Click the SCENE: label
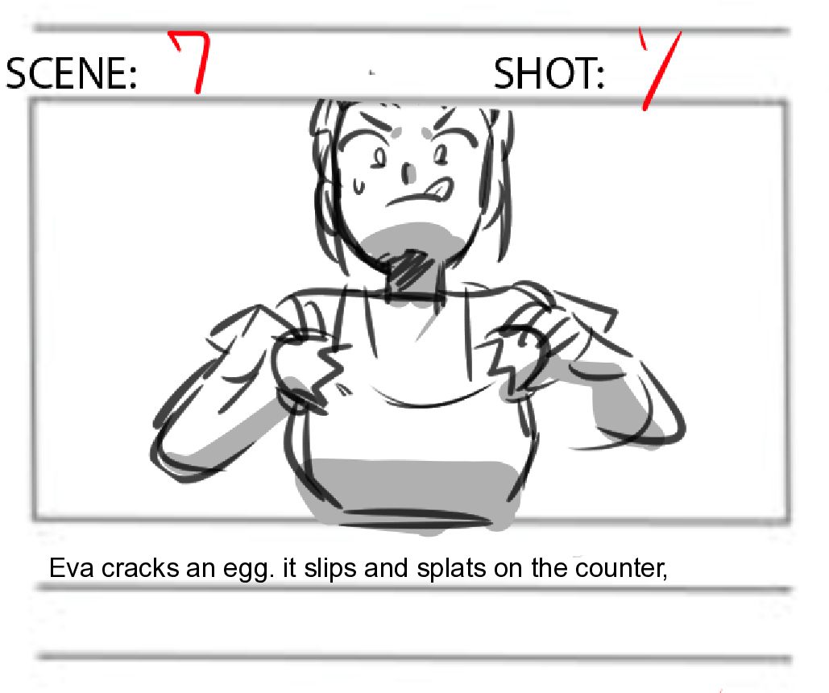[71, 73]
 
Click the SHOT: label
[549, 73]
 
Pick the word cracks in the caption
[140, 568]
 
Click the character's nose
[408, 173]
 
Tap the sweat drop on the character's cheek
[359, 185]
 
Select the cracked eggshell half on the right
[520, 359]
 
